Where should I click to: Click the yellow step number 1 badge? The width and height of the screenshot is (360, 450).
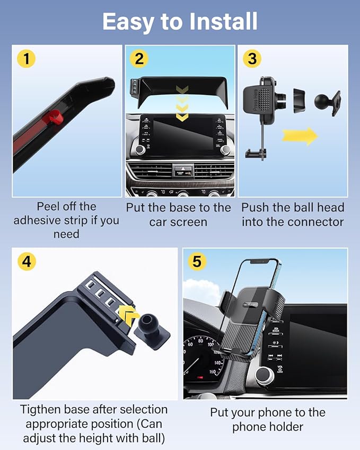[27, 58]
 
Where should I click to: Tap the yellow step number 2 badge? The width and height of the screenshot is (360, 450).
[139, 58]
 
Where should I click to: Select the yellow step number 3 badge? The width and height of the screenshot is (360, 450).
[252, 58]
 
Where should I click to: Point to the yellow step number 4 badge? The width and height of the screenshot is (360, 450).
[27, 261]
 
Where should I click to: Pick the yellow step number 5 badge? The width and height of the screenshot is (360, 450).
[197, 261]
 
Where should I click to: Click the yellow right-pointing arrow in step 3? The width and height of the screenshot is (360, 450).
[300, 136]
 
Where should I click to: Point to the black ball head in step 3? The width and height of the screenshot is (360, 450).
[323, 101]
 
